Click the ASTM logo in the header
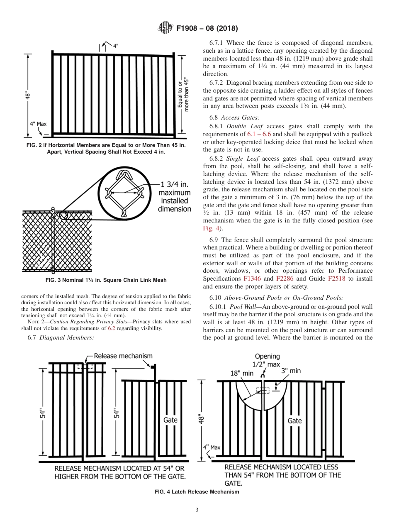pyautogui.click(x=166, y=28)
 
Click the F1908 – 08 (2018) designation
pyautogui.click(x=207, y=29)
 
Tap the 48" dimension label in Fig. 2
pyautogui.click(x=28, y=96)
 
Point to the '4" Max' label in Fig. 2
pyautogui.click(x=38, y=124)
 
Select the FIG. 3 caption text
pyautogui.click(x=106, y=280)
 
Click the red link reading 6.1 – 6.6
pyautogui.click(x=259, y=134)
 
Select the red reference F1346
pyautogui.click(x=252, y=279)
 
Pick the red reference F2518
pyautogui.click(x=336, y=279)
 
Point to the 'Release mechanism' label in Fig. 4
pyautogui.click(x=123, y=356)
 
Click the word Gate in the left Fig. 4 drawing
pyautogui.click(x=170, y=420)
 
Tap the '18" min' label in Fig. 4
pyautogui.click(x=242, y=373)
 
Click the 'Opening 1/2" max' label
pyautogui.click(x=267, y=360)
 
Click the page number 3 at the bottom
pyautogui.click(x=197, y=510)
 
